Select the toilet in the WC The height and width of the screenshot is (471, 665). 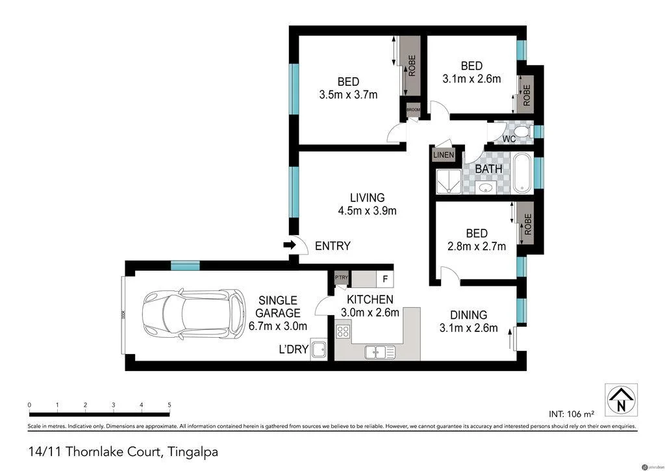524,133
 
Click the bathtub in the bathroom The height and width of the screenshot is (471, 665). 523,173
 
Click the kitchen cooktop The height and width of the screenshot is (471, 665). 342,332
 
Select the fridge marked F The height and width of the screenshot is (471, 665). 385,280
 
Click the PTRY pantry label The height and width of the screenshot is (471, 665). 341,279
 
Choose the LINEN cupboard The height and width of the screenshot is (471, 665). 444,155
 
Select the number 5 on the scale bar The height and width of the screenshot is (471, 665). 169,405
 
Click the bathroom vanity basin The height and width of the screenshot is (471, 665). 484,187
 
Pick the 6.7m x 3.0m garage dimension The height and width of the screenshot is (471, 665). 278,325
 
